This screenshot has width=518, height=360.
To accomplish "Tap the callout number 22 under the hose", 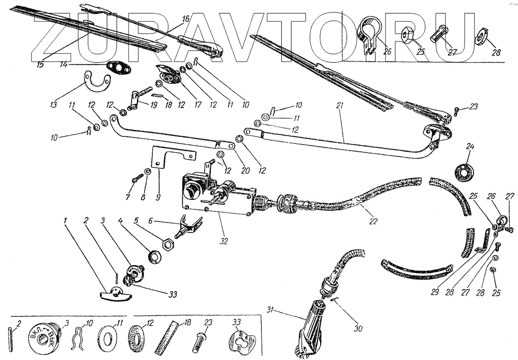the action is [x=374, y=221].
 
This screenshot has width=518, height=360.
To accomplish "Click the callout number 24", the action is [x=470, y=147].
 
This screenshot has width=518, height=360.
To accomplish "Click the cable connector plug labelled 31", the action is [x=312, y=316].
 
